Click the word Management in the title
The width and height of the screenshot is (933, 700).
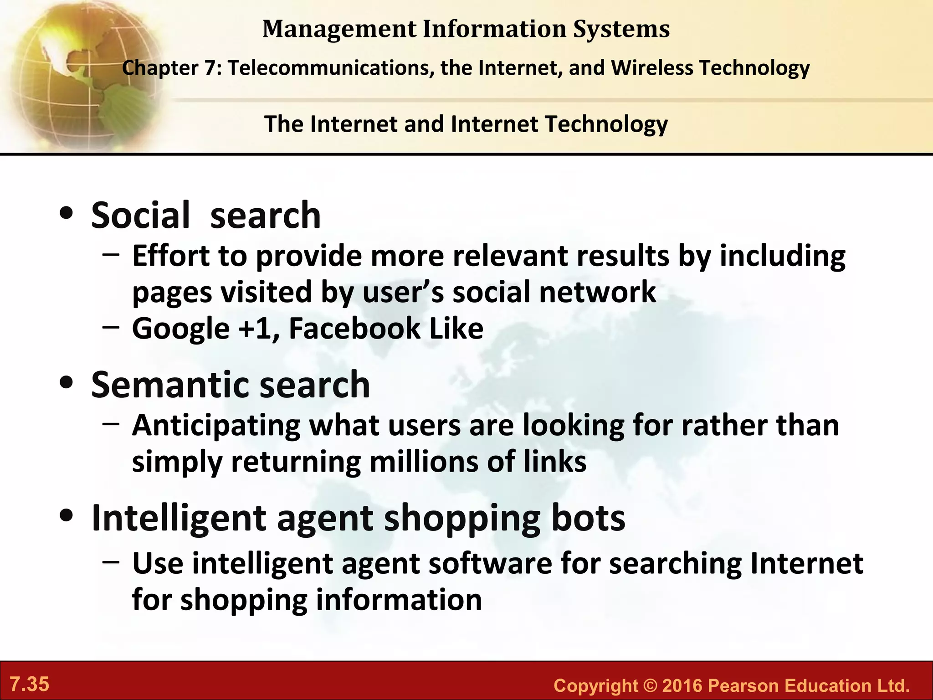(339, 29)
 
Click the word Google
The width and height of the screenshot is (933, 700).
(181, 329)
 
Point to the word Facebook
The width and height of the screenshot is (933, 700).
(354, 328)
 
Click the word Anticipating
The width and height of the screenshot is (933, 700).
(216, 426)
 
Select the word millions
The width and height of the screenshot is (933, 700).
(424, 462)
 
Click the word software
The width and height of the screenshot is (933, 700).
(490, 563)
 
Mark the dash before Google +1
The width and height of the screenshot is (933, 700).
(111, 326)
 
